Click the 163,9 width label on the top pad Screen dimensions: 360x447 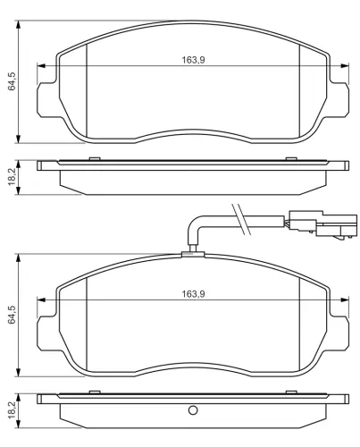click(x=193, y=60)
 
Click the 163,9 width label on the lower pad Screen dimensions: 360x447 click(x=193, y=294)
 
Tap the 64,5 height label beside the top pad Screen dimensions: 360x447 click(x=12, y=81)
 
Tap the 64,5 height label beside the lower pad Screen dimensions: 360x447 click(x=12, y=315)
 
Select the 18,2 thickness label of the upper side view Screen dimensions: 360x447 click(x=12, y=178)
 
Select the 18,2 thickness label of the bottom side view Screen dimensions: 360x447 click(x=12, y=411)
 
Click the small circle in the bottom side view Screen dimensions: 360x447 click(x=193, y=410)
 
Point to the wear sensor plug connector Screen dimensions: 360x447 click(x=322, y=225)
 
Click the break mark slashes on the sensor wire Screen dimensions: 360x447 click(x=239, y=219)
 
